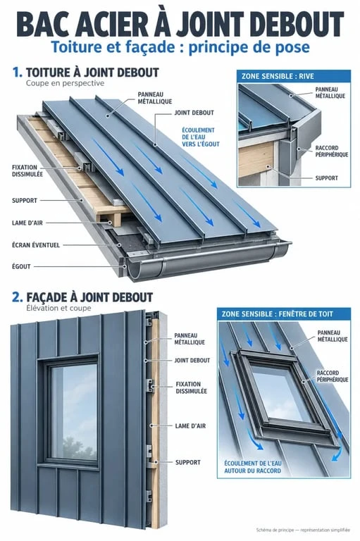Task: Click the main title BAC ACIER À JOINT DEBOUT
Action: (180, 24)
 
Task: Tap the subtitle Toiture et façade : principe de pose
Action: (180, 47)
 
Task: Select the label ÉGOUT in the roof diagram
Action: (21, 266)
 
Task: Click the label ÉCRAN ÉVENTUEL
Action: (36, 245)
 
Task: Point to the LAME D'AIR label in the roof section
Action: (27, 223)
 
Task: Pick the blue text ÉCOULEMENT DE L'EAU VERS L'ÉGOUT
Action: (201, 137)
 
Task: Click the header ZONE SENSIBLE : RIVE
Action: (278, 76)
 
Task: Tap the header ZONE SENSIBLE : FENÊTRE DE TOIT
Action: (277, 314)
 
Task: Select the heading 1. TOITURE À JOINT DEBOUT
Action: (86, 73)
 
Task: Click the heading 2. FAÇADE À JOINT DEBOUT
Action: (82, 297)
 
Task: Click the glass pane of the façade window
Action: (73, 412)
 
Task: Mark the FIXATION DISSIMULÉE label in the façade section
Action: (191, 387)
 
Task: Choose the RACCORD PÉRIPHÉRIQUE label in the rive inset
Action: (332, 151)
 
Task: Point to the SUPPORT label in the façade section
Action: (188, 462)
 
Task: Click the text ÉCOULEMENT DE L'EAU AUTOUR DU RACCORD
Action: (253, 467)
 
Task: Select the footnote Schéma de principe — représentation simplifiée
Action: (303, 530)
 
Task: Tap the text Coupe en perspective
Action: (65, 83)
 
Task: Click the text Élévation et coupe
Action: (58, 308)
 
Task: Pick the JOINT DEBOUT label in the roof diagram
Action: (194, 113)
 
